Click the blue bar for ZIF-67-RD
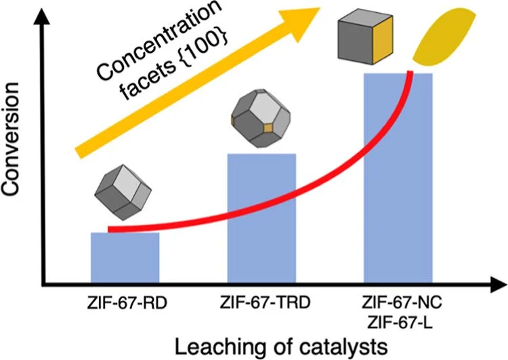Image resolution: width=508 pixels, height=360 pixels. pyautogui.click(x=125, y=258)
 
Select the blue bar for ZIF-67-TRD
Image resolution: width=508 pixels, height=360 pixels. pyautogui.click(x=261, y=219)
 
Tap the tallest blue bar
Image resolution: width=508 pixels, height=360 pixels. pyautogui.click(x=398, y=179)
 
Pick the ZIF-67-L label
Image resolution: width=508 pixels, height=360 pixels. pyautogui.click(x=401, y=323)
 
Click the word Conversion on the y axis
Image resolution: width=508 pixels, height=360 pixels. pyautogui.click(x=10, y=139)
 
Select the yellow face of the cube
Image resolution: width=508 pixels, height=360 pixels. pyautogui.click(x=383, y=39)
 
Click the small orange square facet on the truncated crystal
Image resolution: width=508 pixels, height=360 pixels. pyautogui.click(x=268, y=128)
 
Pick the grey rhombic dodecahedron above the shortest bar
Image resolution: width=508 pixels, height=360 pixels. pyautogui.click(x=123, y=193)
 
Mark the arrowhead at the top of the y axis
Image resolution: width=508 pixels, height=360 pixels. pyautogui.click(x=42, y=16)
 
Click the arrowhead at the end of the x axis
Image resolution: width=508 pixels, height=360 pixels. pyautogui.click(x=499, y=285)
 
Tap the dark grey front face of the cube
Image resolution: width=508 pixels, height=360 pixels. pyautogui.click(x=356, y=41)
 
